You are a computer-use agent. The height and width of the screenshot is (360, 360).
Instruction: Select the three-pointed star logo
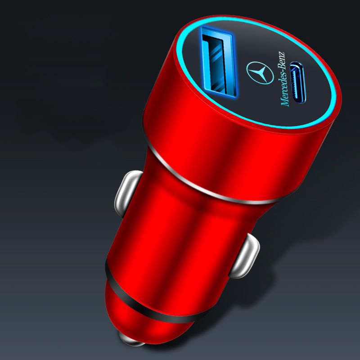[x=260, y=73]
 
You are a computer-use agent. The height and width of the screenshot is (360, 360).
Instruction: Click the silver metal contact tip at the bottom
[x=131, y=339]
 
